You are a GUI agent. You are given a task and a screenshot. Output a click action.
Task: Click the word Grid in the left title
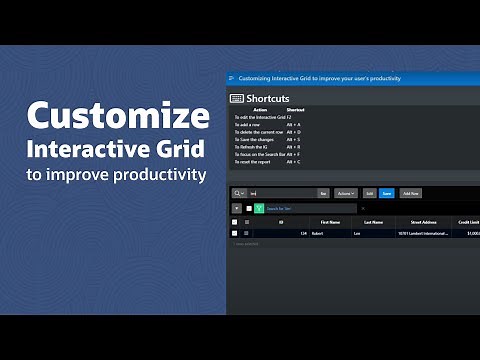[x=181, y=149]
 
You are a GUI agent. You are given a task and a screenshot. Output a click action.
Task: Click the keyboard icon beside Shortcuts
[x=237, y=98]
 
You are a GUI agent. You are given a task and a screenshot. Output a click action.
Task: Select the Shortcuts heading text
[x=268, y=98]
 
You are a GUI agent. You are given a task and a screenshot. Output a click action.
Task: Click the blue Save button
[x=386, y=192]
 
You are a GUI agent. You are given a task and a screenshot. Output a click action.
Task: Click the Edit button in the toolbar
[x=369, y=192]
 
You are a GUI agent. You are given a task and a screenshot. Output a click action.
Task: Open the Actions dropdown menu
[x=345, y=192]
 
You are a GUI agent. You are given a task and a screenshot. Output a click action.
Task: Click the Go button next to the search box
[x=323, y=192]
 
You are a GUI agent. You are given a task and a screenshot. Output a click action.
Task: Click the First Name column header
[x=331, y=221]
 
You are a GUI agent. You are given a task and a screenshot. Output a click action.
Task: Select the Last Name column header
[x=374, y=221]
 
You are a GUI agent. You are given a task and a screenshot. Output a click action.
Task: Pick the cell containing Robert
[x=317, y=233]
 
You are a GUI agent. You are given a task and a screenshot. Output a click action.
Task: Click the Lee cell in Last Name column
[x=357, y=233]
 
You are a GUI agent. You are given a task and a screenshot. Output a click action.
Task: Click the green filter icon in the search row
[x=258, y=208]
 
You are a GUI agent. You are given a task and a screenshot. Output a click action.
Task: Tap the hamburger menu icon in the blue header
[x=232, y=78]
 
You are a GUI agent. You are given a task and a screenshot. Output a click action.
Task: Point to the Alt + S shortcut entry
[x=292, y=139]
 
